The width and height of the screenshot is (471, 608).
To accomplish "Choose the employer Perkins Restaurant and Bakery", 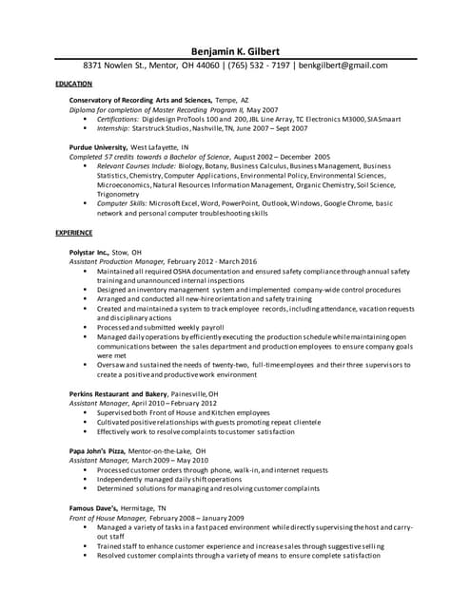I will [118, 393].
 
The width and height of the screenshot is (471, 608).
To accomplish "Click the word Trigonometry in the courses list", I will [120, 194].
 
